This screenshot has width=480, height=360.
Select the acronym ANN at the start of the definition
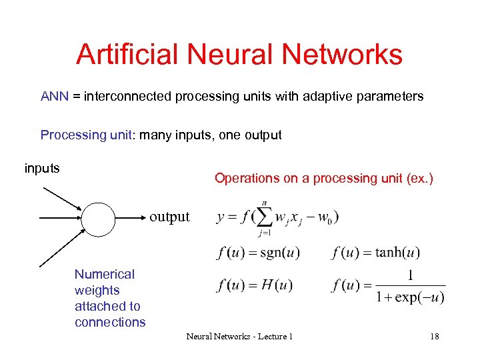pyautogui.click(x=55, y=97)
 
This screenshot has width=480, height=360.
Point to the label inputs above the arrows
pyautogui.click(x=42, y=168)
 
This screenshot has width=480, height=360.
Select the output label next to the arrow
pyautogui.click(x=169, y=217)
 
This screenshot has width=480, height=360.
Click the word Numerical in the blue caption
pyautogui.click(x=105, y=274)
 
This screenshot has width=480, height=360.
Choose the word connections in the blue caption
pyautogui.click(x=110, y=322)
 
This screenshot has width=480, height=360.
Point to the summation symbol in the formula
pyautogui.click(x=263, y=217)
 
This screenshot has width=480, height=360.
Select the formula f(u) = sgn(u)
pyautogui.click(x=258, y=253)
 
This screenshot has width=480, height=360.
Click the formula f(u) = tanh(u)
pyautogui.click(x=375, y=253)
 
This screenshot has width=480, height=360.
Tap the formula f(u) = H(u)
pyautogui.click(x=255, y=286)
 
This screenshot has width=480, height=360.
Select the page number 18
pyautogui.click(x=434, y=337)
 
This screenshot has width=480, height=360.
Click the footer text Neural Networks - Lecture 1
pyautogui.click(x=239, y=337)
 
